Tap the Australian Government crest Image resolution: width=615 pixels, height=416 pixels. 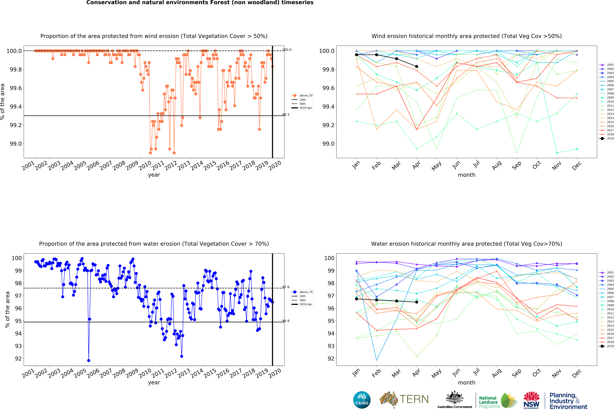coord(454,397)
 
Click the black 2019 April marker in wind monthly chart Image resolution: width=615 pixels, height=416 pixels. coord(417,66)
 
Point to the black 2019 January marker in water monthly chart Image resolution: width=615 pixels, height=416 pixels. coord(356,299)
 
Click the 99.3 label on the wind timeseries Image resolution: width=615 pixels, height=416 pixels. coord(286,115)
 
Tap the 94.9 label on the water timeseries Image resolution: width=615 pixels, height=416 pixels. coord(286,321)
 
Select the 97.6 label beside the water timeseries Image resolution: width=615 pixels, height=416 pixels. coord(286,287)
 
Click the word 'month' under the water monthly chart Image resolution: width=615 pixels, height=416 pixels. coord(467,383)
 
